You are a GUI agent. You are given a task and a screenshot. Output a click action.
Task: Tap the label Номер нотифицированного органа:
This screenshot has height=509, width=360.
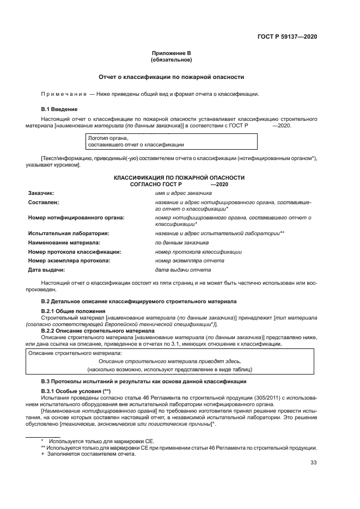tap(76, 217)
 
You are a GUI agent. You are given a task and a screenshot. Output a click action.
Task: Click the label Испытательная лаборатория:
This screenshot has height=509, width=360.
tap(69, 233)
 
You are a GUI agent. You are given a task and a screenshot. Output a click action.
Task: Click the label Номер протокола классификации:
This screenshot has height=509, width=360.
tap(74, 252)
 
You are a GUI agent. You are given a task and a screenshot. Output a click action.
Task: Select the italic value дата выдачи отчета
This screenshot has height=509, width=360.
tap(182, 270)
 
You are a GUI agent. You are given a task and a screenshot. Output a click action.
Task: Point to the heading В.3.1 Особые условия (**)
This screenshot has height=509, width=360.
tap(76, 392)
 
